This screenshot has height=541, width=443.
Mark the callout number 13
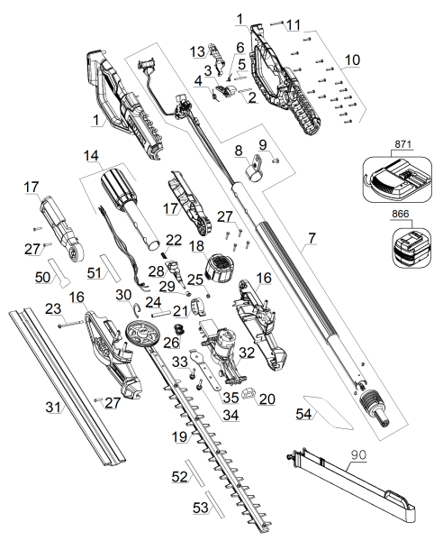(197, 49)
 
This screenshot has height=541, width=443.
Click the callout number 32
(270, 353)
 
